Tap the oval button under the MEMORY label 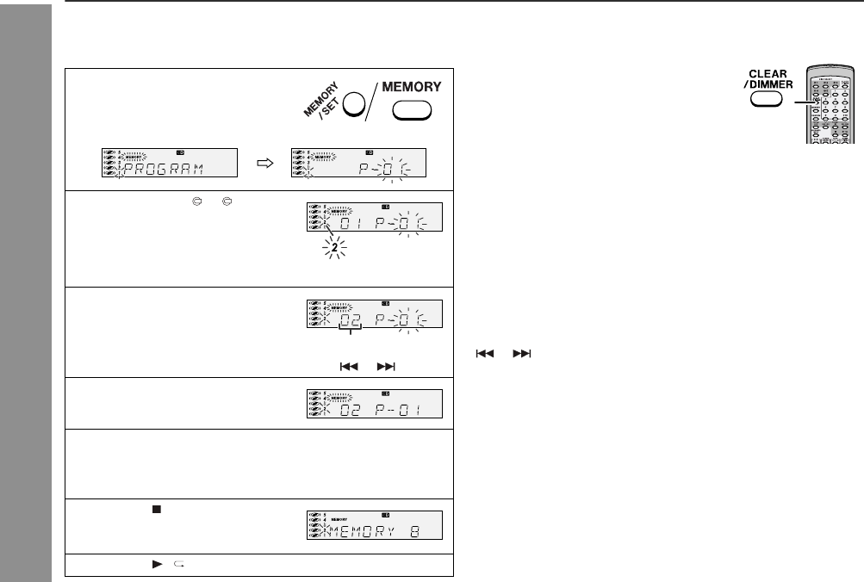pyautogui.click(x=412, y=113)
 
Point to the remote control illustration pyautogui.click(x=826, y=104)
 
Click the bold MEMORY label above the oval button pyautogui.click(x=412, y=87)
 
